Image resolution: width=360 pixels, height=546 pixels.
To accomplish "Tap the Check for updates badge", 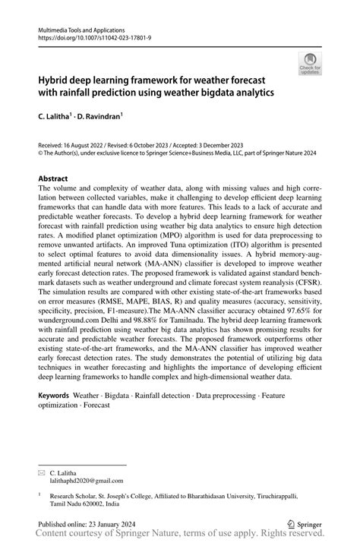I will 309,65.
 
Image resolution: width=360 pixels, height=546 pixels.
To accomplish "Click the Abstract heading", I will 58,178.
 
